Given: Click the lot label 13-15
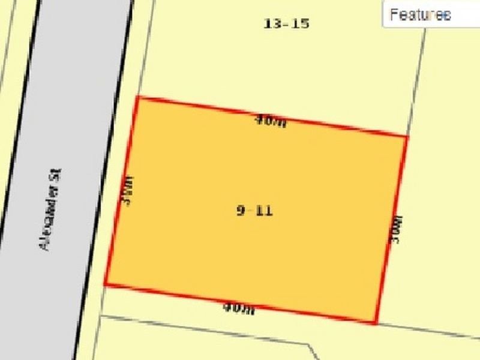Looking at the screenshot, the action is pyautogui.click(x=286, y=24).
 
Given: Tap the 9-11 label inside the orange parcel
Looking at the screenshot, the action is pyautogui.click(x=255, y=211).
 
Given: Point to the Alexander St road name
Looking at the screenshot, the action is pyautogui.click(x=51, y=209).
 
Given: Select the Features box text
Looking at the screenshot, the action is pyautogui.click(x=420, y=15).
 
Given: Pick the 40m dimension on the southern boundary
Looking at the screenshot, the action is pyautogui.click(x=239, y=308).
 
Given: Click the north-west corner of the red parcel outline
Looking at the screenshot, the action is pyautogui.click(x=137, y=97).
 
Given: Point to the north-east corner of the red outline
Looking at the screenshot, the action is pyautogui.click(x=407, y=137).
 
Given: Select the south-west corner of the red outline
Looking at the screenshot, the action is pyautogui.click(x=106, y=284).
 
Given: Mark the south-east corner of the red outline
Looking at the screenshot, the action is pyautogui.click(x=375, y=323).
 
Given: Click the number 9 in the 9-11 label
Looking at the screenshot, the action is pyautogui.click(x=241, y=211).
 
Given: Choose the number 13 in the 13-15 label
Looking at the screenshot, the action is pyautogui.click(x=272, y=24).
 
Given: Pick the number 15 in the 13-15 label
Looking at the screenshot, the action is pyautogui.click(x=301, y=24).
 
